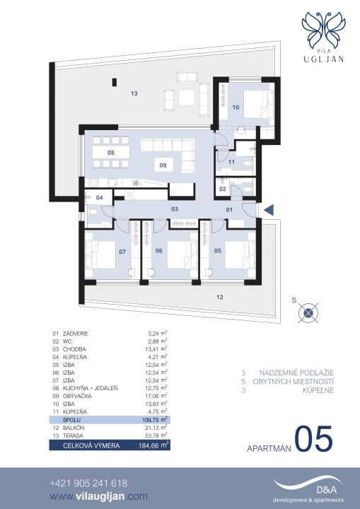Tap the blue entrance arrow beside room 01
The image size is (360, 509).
tap(269, 210)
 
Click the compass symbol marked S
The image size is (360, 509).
tap(308, 313)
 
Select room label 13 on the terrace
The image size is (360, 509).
tap(134, 93)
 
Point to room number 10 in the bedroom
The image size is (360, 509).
tap(236, 107)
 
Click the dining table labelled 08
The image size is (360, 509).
tap(111, 152)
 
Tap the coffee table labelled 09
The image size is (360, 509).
tap(163, 165)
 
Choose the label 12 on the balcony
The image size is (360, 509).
tap(220, 297)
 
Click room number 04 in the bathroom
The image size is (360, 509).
tap(100, 197)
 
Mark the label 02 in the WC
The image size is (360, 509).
tap(223, 189)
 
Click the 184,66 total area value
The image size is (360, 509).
tap(149, 445)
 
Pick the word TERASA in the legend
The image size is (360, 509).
tap(73, 435)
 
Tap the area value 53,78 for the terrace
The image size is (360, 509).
tap(151, 435)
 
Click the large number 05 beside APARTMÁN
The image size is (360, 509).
tap(314, 440)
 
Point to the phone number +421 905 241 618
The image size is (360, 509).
tap(88, 484)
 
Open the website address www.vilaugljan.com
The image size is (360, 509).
tap(99, 496)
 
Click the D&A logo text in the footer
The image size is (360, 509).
tap(327, 490)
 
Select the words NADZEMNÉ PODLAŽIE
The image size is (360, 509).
tap(296, 373)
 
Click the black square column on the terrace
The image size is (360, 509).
tap(115, 83)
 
